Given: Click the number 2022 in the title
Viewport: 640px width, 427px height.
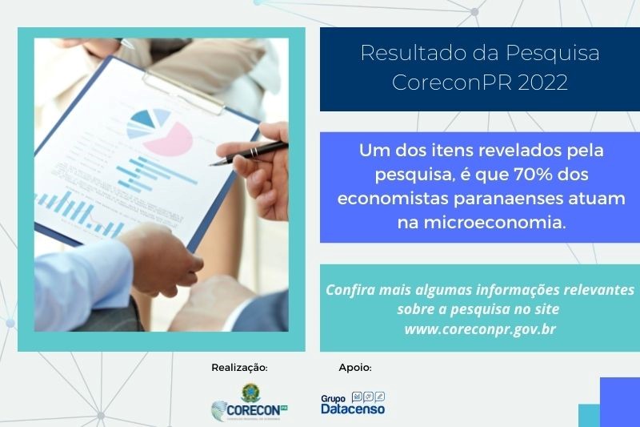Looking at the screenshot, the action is (x=543, y=83).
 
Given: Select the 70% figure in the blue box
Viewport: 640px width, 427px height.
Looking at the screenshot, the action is (x=532, y=175).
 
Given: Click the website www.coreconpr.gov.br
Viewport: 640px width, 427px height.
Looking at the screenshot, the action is (x=480, y=329).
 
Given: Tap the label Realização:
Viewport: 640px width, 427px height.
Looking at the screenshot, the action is (x=239, y=368).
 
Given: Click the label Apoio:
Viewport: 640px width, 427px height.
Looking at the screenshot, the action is (x=355, y=368).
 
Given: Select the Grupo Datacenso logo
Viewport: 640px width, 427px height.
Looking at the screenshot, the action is (x=353, y=403).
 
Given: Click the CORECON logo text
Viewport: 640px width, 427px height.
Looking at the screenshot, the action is (x=253, y=409).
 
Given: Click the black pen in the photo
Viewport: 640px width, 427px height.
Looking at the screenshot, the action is (x=249, y=153).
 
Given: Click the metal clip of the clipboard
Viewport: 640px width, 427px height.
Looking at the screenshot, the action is (x=183, y=92).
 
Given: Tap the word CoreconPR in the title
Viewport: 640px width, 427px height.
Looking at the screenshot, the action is (x=452, y=83).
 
